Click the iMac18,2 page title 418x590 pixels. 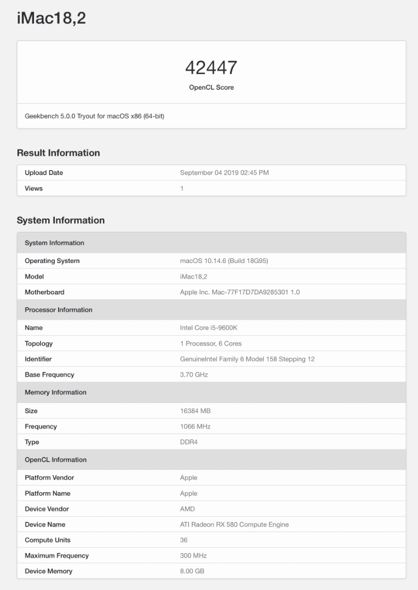pyautogui.click(x=51, y=19)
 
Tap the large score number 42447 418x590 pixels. pyautogui.click(x=211, y=68)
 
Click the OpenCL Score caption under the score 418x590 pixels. pyautogui.click(x=211, y=87)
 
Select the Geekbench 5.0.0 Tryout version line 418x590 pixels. pyautogui.click(x=94, y=116)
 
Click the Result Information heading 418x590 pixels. pyautogui.click(x=58, y=153)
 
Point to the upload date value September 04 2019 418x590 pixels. pyautogui.click(x=224, y=173)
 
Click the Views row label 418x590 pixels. pyautogui.click(x=33, y=189)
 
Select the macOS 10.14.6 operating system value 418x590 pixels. pyautogui.click(x=224, y=261)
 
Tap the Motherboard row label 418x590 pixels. pyautogui.click(x=44, y=293)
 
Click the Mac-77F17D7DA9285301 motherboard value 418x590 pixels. pyautogui.click(x=239, y=293)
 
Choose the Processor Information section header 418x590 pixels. pyautogui.click(x=59, y=310)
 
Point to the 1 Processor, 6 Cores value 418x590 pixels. pyautogui.click(x=210, y=344)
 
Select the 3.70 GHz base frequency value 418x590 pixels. pyautogui.click(x=194, y=375)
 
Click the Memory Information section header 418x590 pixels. pyautogui.click(x=55, y=393)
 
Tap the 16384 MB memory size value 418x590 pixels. pyautogui.click(x=195, y=411)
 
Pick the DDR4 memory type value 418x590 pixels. pyautogui.click(x=188, y=442)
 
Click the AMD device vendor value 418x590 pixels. pyautogui.click(x=187, y=509)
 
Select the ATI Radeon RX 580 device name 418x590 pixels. pyautogui.click(x=234, y=525)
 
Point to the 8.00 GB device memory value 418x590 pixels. pyautogui.click(x=192, y=571)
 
